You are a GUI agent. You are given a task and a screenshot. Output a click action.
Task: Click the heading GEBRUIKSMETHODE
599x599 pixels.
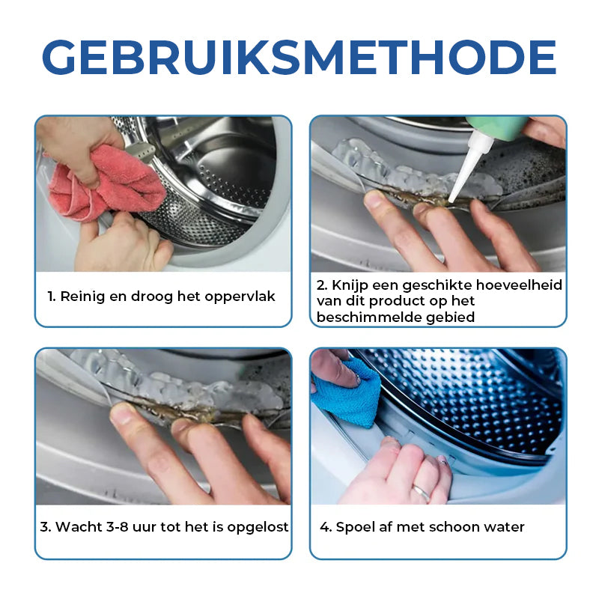point(299,58)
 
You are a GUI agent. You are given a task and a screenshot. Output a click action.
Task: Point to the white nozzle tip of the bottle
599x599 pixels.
point(451,199)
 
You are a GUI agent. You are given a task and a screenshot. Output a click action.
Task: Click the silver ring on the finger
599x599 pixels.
point(422,492)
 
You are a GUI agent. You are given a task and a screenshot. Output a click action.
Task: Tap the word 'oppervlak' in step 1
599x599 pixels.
point(240,297)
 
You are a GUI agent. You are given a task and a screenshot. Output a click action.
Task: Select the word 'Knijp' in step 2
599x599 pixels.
point(350,285)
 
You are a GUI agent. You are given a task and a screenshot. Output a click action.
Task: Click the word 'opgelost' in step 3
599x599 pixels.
point(258,528)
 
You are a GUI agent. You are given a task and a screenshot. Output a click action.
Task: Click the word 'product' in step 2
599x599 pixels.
point(397,302)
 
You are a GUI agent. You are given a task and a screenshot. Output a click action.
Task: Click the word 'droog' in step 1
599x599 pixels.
point(152,297)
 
